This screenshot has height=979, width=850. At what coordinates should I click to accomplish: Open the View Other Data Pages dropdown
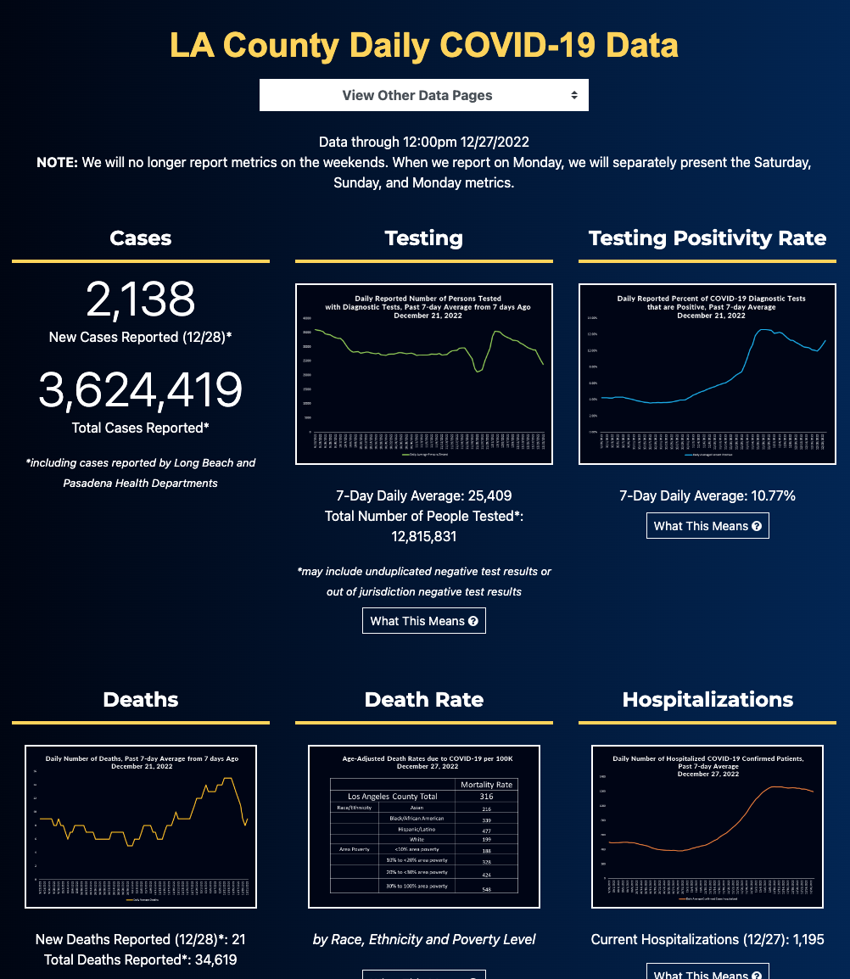click(423, 95)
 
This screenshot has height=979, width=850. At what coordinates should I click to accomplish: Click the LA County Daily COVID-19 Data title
click(423, 45)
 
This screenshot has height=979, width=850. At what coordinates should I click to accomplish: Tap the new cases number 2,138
click(141, 299)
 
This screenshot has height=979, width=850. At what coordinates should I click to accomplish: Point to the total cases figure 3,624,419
click(141, 389)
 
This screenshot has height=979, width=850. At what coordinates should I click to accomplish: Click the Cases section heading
click(141, 238)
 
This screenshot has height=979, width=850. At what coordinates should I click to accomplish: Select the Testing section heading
click(423, 238)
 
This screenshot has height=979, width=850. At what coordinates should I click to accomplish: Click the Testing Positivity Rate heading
click(707, 238)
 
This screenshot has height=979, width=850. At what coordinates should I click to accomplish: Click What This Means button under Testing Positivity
click(707, 526)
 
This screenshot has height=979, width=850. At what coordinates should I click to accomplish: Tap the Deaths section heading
click(141, 700)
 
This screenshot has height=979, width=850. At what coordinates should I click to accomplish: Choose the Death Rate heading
click(423, 700)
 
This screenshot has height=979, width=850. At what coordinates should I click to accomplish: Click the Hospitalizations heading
click(707, 700)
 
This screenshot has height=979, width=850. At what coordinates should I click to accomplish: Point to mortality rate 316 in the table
click(486, 797)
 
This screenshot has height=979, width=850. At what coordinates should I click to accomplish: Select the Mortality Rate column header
click(486, 785)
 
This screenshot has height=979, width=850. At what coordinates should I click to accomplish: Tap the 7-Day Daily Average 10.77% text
click(707, 495)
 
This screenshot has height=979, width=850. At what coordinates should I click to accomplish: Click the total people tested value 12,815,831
click(423, 536)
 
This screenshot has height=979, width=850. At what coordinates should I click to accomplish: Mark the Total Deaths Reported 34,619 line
click(141, 959)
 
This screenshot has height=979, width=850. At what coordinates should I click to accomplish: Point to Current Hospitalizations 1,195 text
click(707, 939)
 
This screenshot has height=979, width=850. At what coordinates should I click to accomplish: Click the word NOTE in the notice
click(57, 162)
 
